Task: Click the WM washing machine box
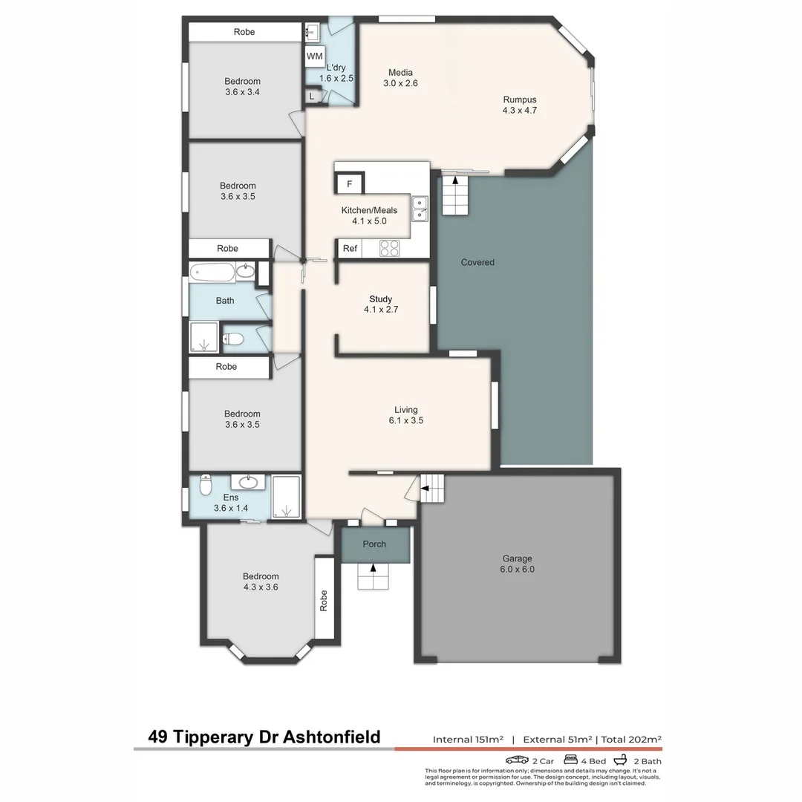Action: [x=314, y=56]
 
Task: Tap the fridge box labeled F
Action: [x=350, y=183]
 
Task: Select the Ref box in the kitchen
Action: [x=350, y=249]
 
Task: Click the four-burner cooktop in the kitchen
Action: [x=390, y=249]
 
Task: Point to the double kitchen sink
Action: [x=420, y=209]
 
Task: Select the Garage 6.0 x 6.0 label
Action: [x=518, y=564]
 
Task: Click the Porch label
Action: [x=374, y=544]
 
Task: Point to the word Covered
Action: [x=477, y=262]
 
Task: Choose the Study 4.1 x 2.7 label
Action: [x=381, y=304]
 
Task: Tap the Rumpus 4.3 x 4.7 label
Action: [x=519, y=105]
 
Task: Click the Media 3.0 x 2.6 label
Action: [x=400, y=78]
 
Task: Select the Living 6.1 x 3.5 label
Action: [x=405, y=415]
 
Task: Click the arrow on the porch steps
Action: [x=373, y=569]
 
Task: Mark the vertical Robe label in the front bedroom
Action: [x=324, y=600]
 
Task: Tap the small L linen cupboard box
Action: [x=312, y=96]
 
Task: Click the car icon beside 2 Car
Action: [x=517, y=760]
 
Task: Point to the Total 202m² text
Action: [x=631, y=740]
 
